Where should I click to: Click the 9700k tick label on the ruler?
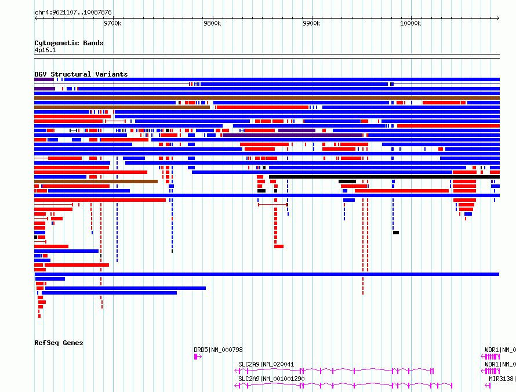click(x=112, y=23)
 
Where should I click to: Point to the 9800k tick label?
click(x=212, y=23)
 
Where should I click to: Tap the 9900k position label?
click(x=311, y=23)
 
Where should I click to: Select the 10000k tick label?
click(x=410, y=23)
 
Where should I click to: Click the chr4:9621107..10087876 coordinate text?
click(x=74, y=13)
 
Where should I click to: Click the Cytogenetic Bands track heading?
click(x=69, y=43)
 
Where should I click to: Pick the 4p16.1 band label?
click(x=45, y=50)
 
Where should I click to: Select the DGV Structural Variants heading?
click(x=81, y=74)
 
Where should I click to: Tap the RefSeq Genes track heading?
click(x=59, y=343)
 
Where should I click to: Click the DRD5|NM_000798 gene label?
click(x=218, y=350)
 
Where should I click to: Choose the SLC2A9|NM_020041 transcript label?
click(x=266, y=364)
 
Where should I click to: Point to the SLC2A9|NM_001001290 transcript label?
click(x=271, y=379)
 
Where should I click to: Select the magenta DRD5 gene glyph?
click(x=198, y=357)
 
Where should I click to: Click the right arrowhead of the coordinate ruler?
click(x=498, y=19)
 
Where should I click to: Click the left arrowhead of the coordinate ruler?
click(x=36, y=19)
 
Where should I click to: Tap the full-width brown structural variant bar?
click(x=267, y=98)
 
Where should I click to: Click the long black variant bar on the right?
click(x=384, y=177)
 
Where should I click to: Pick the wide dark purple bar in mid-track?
click(x=292, y=135)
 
